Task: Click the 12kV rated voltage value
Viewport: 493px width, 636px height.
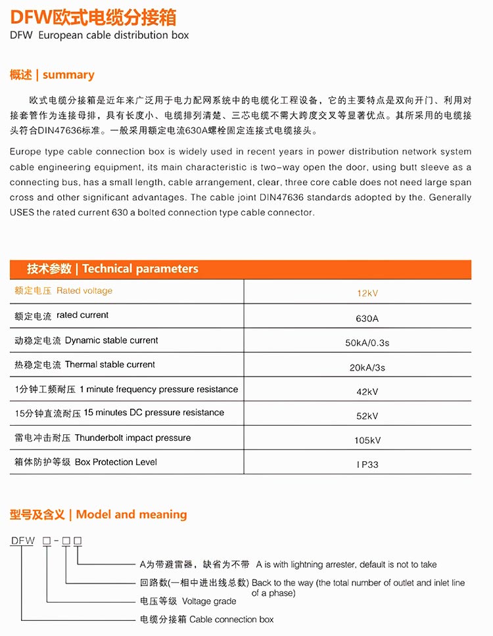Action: pyautogui.click(x=367, y=293)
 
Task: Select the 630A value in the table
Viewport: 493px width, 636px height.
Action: pyautogui.click(x=367, y=319)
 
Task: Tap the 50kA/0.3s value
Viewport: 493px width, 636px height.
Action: pyautogui.click(x=367, y=343)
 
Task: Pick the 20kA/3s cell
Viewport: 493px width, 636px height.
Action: pyautogui.click(x=367, y=367)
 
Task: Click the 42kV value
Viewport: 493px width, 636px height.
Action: pyautogui.click(x=367, y=392)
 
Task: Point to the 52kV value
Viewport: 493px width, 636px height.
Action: pyautogui.click(x=367, y=416)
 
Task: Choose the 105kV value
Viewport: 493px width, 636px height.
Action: pyautogui.click(x=367, y=440)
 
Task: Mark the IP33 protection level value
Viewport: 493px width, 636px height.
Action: pyautogui.click(x=367, y=465)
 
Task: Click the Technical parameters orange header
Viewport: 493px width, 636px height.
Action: pyautogui.click(x=112, y=269)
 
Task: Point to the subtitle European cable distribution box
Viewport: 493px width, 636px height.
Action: pyautogui.click(x=99, y=35)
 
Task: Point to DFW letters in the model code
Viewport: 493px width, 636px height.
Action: pyautogui.click(x=22, y=541)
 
